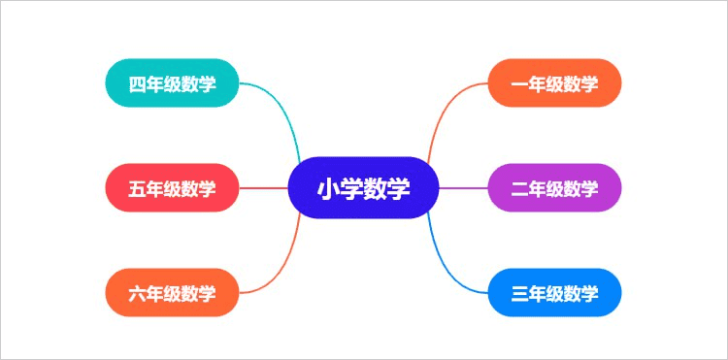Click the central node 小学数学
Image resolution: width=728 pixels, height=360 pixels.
[x=364, y=187]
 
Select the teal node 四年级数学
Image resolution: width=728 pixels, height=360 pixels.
[x=172, y=83]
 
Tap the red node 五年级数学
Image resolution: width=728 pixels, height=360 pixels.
[x=172, y=187]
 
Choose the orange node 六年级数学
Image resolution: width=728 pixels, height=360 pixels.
[x=172, y=292]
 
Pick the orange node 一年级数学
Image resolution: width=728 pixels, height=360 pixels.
[x=554, y=83]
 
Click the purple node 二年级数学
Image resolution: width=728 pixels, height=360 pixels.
[x=554, y=187]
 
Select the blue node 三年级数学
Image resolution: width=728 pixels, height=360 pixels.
[x=554, y=292]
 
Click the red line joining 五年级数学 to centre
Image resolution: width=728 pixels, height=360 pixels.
[x=264, y=187]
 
